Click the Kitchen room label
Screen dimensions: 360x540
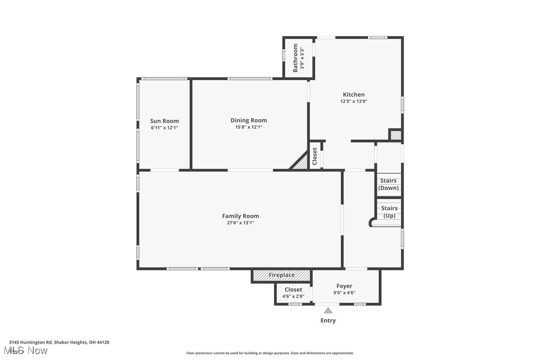pos(354,94)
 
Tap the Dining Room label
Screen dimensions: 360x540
pos(249,120)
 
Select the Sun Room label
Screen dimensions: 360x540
pos(165,121)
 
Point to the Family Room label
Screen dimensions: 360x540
pos(240,216)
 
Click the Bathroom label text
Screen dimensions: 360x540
pos(295,58)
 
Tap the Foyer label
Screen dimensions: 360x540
pos(344,286)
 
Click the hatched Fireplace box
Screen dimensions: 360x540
pos(281,275)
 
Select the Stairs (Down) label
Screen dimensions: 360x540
pos(388,184)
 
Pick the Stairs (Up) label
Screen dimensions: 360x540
pos(389,212)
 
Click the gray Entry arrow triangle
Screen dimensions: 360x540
pos(328,310)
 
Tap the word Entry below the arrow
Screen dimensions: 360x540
pos(328,321)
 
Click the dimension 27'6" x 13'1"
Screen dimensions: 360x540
pos(240,223)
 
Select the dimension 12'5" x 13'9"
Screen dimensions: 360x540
pos(354,101)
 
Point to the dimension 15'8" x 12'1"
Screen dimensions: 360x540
pos(249,127)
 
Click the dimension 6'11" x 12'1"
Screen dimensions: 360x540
pos(165,128)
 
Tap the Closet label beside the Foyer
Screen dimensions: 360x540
pos(293,289)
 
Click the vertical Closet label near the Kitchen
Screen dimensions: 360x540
pos(315,156)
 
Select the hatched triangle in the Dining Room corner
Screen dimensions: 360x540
pos(301,163)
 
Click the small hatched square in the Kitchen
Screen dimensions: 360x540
pos(395,135)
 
